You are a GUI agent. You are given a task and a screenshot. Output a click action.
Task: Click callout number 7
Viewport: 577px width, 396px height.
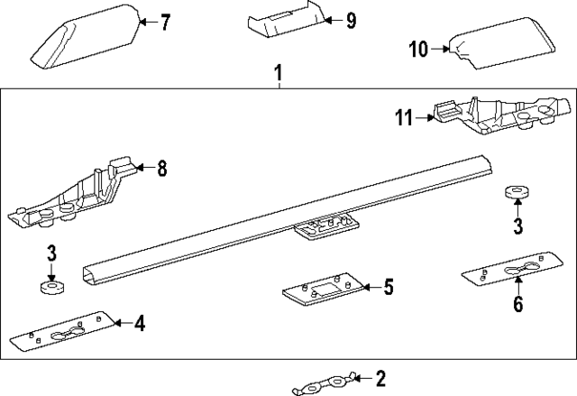(x=164, y=23)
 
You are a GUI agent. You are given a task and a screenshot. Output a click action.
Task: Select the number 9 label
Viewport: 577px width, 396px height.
(x=351, y=19)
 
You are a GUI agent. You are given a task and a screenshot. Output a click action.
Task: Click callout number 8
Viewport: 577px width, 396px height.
(x=162, y=167)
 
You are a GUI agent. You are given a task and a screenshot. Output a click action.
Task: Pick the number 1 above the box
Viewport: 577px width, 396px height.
(x=279, y=69)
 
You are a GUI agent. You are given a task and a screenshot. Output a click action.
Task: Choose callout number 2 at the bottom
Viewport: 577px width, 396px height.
(x=380, y=377)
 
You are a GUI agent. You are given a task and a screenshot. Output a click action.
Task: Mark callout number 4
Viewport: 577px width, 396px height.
(x=140, y=321)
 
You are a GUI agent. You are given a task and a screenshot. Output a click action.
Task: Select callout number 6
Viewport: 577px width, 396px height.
(x=517, y=304)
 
